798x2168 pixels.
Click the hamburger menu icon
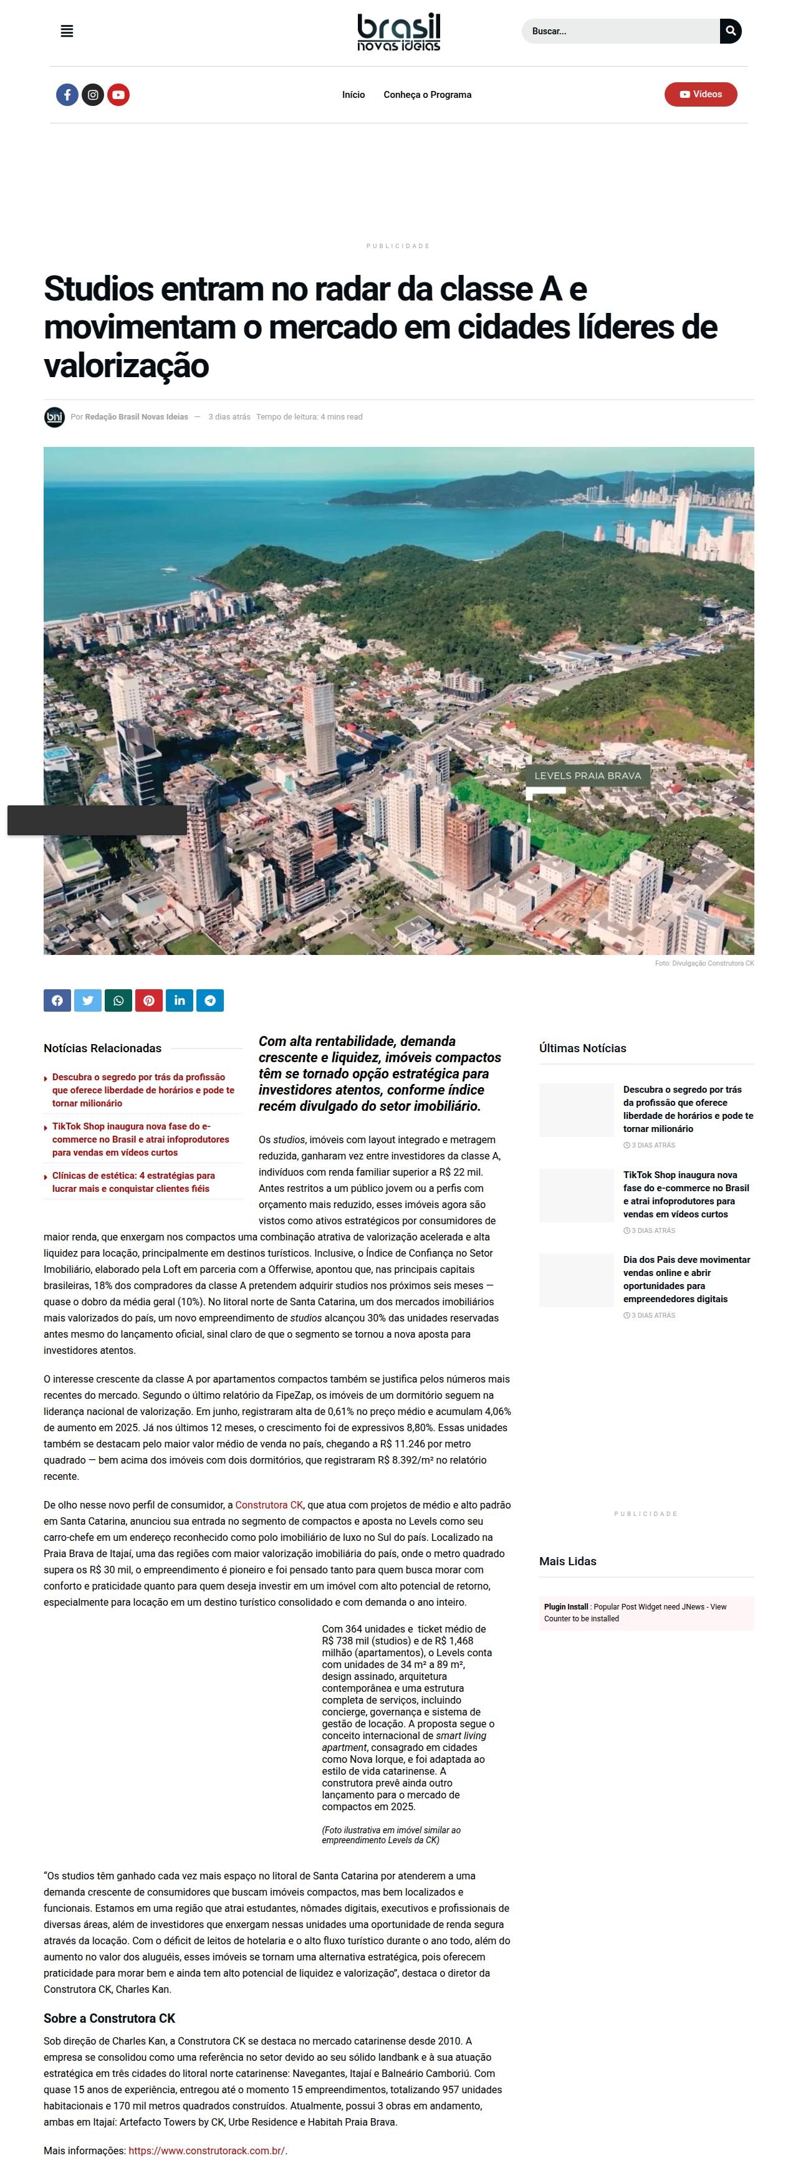pyautogui.click(x=67, y=31)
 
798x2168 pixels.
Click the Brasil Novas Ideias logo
pyautogui.click(x=398, y=32)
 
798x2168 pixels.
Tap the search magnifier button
pyautogui.click(x=731, y=31)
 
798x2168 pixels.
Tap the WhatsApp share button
pyautogui.click(x=118, y=1000)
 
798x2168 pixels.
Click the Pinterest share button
pyautogui.click(x=149, y=1000)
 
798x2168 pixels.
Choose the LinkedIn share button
pyautogui.click(x=180, y=1000)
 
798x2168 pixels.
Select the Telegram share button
pyautogui.click(x=209, y=1000)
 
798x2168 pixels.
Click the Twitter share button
pyautogui.click(x=87, y=1000)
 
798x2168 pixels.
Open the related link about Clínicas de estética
pyautogui.click(x=133, y=1182)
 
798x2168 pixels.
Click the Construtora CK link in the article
pyautogui.click(x=269, y=1504)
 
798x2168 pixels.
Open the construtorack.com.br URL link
pyautogui.click(x=206, y=2151)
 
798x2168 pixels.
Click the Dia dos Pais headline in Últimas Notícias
pyautogui.click(x=686, y=1278)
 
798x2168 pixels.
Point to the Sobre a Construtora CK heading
pyautogui.click(x=110, y=2018)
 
